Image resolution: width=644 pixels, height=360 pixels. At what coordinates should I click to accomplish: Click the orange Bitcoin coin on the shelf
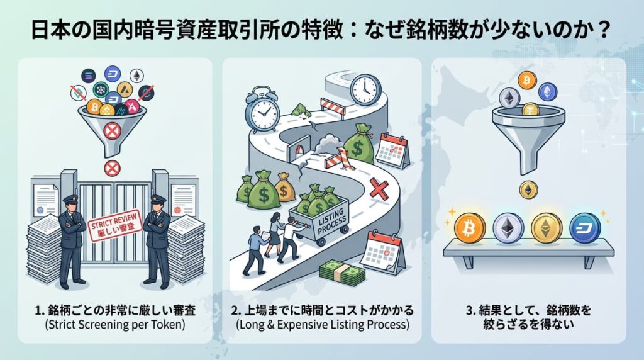click(x=469, y=228)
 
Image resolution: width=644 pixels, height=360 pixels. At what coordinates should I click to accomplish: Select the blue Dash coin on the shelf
click(x=585, y=228)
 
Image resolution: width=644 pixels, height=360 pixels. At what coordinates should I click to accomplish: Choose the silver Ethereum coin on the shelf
click(x=508, y=228)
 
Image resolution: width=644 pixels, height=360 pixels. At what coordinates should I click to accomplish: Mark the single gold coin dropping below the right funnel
click(x=528, y=190)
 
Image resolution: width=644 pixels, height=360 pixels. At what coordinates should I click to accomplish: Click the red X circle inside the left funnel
click(x=111, y=132)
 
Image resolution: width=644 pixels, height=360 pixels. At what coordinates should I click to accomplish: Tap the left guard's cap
click(x=72, y=199)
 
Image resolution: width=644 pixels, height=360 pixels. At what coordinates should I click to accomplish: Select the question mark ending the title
click(x=603, y=30)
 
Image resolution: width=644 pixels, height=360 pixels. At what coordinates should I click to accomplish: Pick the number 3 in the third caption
click(x=469, y=310)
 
